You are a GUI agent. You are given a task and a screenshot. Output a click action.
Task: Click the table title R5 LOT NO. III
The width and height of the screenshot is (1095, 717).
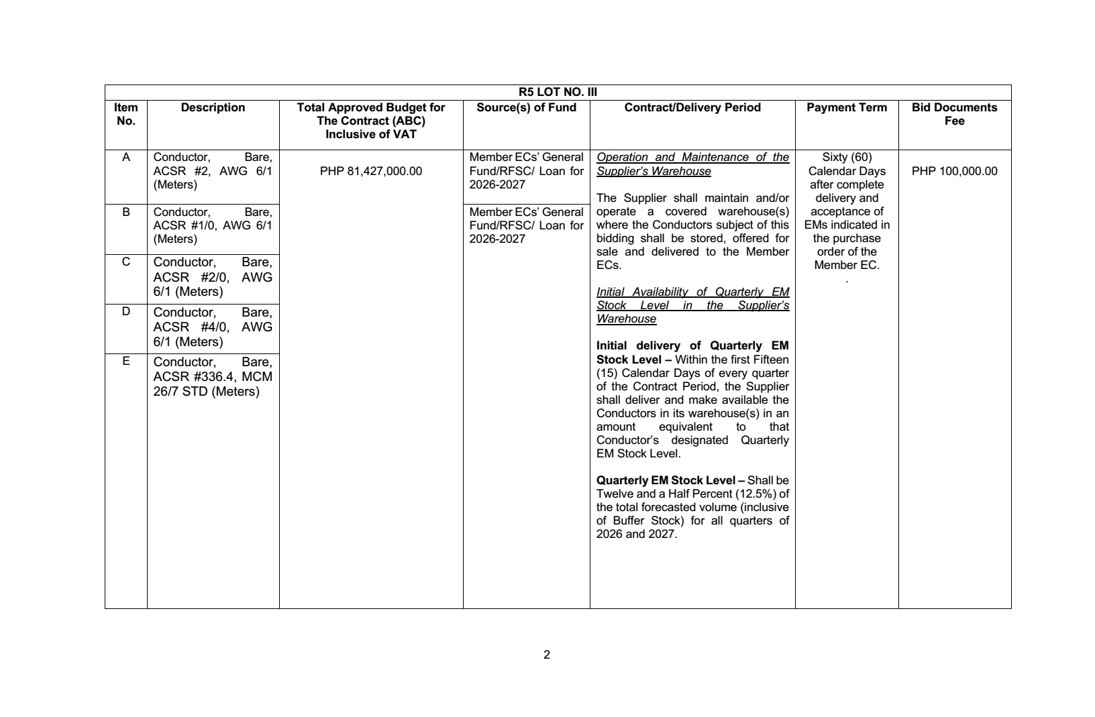(x=558, y=93)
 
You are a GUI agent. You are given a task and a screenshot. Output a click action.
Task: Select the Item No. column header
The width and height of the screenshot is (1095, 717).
(x=125, y=114)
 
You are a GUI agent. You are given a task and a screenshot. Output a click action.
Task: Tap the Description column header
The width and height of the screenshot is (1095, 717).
(x=213, y=107)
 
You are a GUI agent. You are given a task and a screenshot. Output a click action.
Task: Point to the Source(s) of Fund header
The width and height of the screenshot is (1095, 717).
(x=526, y=107)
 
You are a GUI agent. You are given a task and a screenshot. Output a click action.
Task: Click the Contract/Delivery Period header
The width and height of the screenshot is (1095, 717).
(x=692, y=107)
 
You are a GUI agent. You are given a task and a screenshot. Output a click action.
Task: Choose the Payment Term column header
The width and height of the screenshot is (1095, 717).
(x=846, y=107)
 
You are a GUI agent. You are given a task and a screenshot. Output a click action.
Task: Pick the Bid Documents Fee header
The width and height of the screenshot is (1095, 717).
(x=954, y=114)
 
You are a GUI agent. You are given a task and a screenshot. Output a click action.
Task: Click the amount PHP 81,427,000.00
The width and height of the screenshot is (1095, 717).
(x=371, y=171)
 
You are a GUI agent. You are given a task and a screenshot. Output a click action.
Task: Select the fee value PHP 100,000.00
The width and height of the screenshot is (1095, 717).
(x=954, y=171)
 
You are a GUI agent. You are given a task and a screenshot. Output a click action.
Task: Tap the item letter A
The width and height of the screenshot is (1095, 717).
(x=125, y=158)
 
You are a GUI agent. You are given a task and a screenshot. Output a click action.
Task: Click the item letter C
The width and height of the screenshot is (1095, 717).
(x=125, y=262)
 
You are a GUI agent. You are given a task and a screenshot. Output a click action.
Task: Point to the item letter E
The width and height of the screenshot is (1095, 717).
(x=125, y=362)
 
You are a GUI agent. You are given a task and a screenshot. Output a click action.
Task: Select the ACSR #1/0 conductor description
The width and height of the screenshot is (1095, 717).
(x=213, y=225)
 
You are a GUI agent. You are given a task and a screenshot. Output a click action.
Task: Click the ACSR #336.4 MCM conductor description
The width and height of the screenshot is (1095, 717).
(x=213, y=377)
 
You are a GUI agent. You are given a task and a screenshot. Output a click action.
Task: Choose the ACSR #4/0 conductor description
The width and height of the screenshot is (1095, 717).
(x=213, y=327)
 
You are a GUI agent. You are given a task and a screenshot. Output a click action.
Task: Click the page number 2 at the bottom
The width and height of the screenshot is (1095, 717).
(x=547, y=655)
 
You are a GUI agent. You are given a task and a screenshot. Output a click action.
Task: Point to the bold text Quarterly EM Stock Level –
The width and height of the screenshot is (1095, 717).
(x=670, y=480)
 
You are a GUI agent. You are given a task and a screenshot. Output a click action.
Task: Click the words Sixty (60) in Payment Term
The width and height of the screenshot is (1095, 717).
(x=846, y=158)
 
